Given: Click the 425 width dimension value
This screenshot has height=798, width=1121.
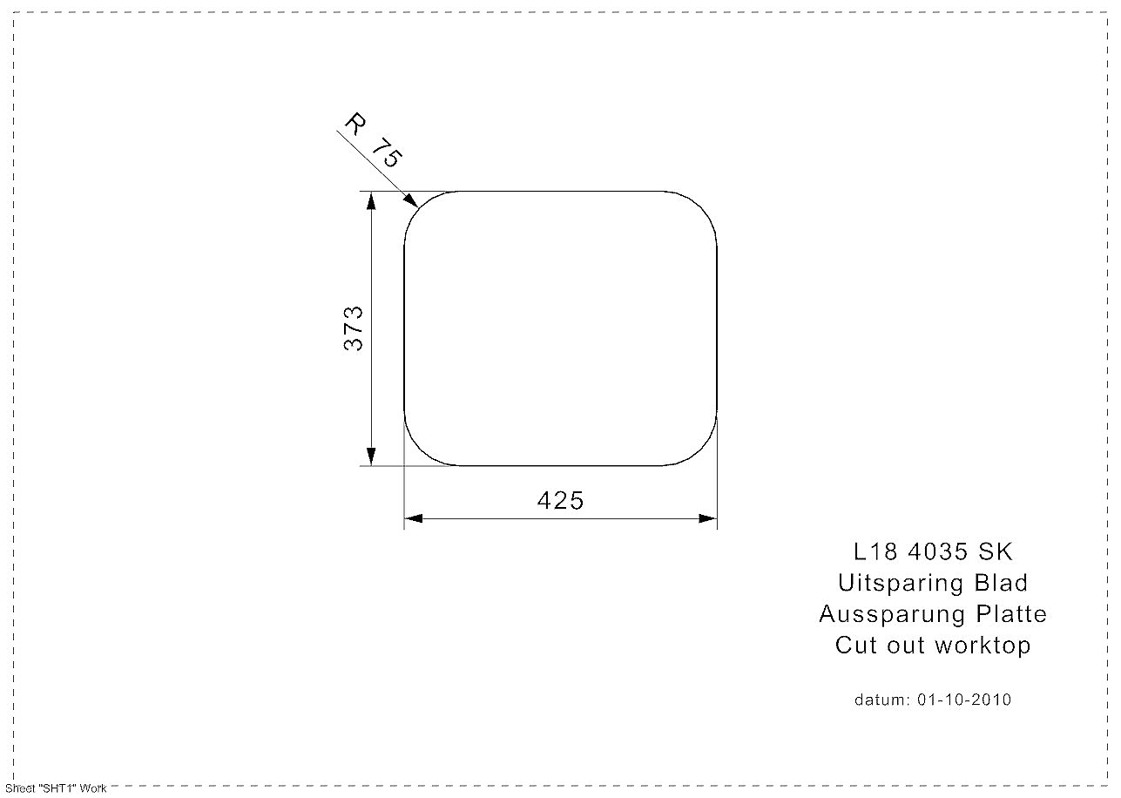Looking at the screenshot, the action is pos(560,500).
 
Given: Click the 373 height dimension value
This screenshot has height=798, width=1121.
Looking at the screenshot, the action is pos(354,328).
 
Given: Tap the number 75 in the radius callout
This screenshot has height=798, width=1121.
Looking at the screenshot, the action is pos(387,152).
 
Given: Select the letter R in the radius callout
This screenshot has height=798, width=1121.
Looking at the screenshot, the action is pos(355,123).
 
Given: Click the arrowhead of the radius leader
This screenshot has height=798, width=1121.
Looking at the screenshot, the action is pos(412,200).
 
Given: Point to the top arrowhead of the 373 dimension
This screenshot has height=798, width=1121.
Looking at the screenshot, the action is pos(371,200).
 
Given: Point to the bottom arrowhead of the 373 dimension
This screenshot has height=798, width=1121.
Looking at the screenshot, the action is pos(371,456).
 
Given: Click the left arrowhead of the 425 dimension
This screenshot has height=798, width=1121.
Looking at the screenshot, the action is pos(413,518).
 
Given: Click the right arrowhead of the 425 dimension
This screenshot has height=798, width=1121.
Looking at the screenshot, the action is pos(707,518).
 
